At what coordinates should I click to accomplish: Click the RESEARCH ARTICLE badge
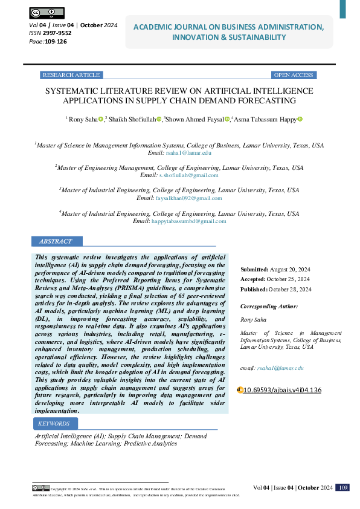[71, 75]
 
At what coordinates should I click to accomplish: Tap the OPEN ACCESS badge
[293, 75]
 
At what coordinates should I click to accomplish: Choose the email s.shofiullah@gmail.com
[188, 175]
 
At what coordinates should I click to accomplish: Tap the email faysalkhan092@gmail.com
[188, 198]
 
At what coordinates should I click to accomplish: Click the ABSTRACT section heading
[56, 241]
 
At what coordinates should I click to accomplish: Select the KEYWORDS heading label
[54, 424]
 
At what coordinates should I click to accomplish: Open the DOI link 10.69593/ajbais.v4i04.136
[282, 390]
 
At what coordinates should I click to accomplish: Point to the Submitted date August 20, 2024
[289, 269]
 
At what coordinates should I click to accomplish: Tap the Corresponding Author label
[269, 306]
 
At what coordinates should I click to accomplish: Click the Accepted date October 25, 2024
[288, 279]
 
